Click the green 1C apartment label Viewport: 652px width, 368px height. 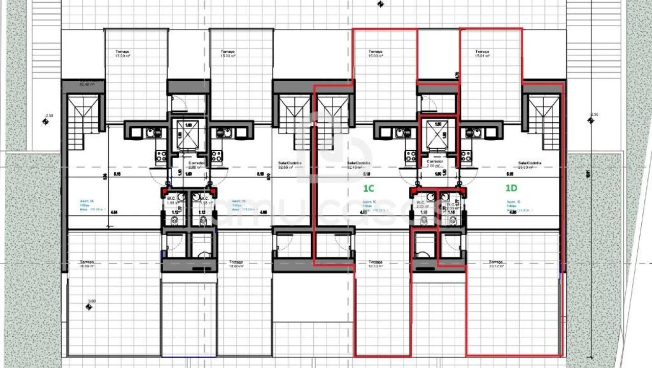tap(368, 189)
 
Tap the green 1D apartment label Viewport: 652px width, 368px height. tap(511, 188)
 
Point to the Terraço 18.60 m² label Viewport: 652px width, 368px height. tap(236, 264)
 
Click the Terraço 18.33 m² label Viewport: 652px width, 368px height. tap(375, 264)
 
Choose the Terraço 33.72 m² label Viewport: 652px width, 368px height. tap(495, 264)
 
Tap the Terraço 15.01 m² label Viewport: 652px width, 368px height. tap(482, 54)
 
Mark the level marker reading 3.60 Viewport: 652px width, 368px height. tap(89, 307)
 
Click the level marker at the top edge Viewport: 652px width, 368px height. tap(380, 5)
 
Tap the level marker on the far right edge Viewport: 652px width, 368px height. tap(591, 120)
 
